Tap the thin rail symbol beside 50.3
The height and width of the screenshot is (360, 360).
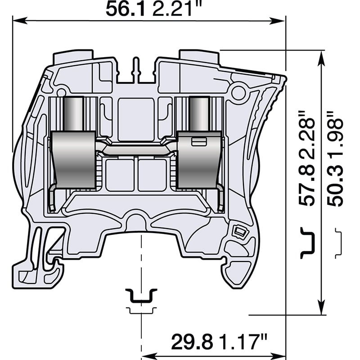338,243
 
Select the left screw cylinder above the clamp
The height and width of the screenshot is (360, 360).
73,114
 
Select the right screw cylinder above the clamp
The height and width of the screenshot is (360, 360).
199,114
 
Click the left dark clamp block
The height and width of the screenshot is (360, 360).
73,160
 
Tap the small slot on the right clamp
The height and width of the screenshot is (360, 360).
198,142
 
